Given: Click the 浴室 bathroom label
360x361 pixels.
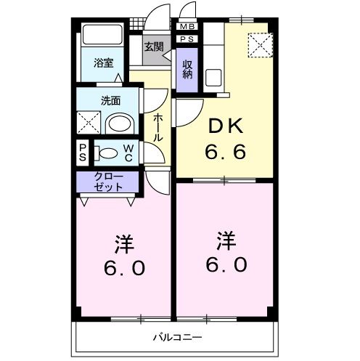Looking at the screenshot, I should (104, 63).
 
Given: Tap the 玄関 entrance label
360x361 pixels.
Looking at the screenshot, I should (153, 48).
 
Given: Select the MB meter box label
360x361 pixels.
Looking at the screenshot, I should (186, 27).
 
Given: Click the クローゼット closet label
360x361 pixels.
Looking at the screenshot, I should (109, 182).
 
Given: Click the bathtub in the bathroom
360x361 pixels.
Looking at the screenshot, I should (101, 36).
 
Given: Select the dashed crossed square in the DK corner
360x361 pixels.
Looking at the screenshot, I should (258, 45).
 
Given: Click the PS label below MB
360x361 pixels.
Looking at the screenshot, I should (186, 39).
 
